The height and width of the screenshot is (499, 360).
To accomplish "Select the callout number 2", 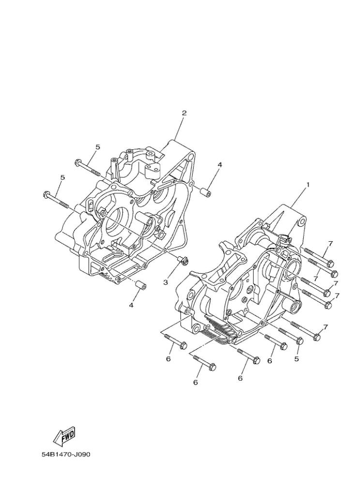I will pos(184,113).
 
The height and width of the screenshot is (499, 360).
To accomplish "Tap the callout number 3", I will pos(165,282).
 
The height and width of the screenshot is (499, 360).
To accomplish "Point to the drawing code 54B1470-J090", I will pos(66,455).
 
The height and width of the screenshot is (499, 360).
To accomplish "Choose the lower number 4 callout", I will pos(131,305).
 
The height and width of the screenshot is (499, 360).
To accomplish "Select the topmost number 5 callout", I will pos(97,147).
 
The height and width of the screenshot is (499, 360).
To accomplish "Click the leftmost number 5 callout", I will pos(62,178).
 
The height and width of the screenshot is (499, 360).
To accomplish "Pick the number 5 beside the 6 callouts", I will pos(297,359).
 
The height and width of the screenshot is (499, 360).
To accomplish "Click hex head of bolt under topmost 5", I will pos(78,162).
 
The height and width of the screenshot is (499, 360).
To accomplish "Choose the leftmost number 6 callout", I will pos(168,359).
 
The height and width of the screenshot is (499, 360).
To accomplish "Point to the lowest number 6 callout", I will pos(195,382).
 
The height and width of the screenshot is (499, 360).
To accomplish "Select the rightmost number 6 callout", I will pos(270,361).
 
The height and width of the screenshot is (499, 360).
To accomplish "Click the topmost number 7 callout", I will pos(330,243).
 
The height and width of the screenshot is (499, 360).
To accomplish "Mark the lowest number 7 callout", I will pos(326,327).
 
